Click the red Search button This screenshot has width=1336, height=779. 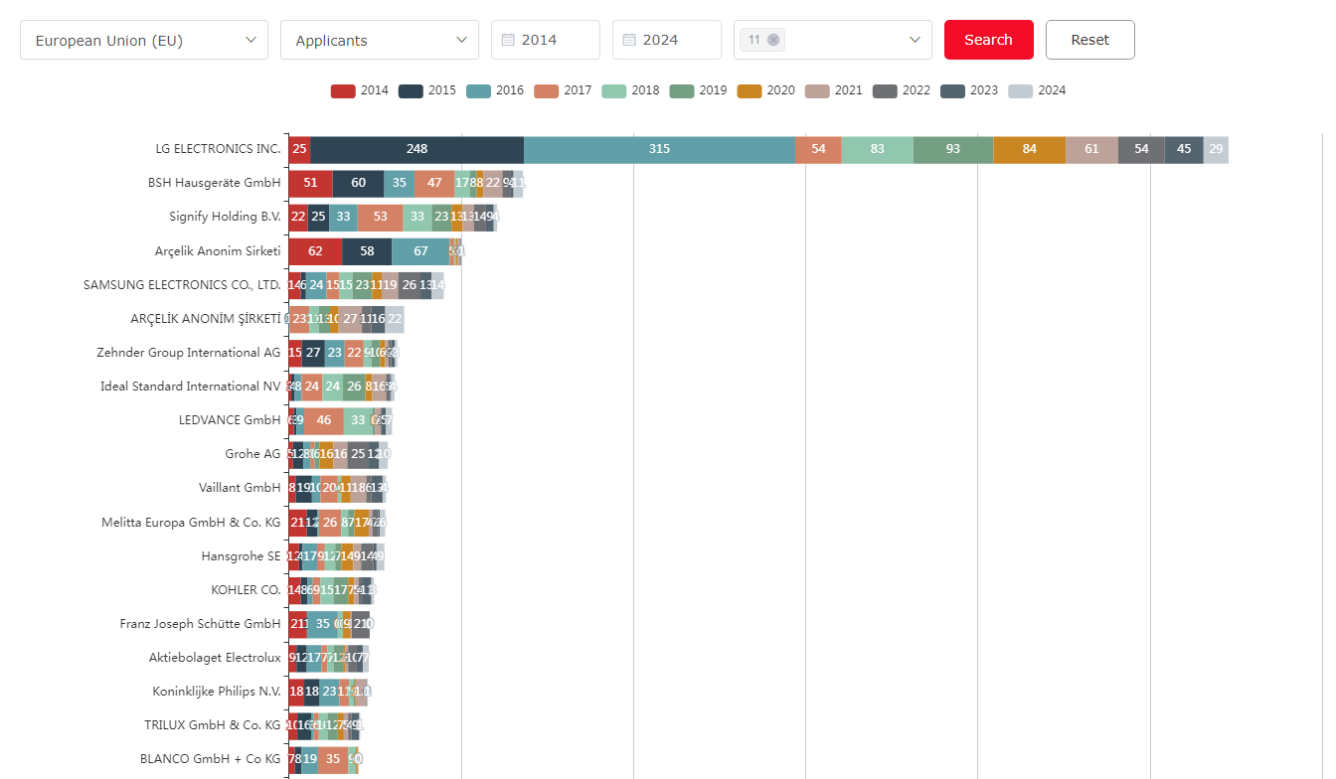[988, 40]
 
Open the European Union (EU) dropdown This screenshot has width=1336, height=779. [144, 41]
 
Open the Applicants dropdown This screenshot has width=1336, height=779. [379, 41]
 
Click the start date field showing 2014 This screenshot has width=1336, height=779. [546, 41]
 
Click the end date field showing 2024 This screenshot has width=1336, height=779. [667, 41]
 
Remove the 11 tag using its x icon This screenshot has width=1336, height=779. [773, 40]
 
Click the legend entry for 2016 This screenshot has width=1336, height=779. [495, 90]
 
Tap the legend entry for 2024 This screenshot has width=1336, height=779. [1037, 90]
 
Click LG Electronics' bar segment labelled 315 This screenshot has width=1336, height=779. [659, 149]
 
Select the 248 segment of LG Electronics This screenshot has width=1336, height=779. [417, 149]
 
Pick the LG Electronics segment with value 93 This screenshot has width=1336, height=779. [952, 149]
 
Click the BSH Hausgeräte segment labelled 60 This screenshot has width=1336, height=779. [358, 183]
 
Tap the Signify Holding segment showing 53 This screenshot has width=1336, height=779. [380, 217]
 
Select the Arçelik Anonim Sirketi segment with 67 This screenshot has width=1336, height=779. [420, 251]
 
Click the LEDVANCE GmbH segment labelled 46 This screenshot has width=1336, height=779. [323, 420]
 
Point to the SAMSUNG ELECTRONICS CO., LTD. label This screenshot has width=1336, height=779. [182, 285]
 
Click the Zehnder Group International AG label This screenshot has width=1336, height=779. [189, 353]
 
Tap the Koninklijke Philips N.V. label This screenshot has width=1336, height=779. [217, 692]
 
